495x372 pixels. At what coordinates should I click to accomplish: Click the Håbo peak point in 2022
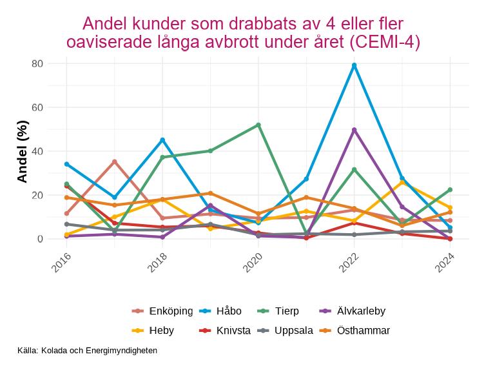[354, 65]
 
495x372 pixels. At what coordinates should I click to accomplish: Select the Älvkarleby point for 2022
[354, 130]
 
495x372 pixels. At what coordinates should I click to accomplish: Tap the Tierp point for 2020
[258, 125]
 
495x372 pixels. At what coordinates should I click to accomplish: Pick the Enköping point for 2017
[115, 161]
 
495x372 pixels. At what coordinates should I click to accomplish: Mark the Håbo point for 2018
[162, 140]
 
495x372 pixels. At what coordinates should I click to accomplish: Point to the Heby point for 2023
[402, 182]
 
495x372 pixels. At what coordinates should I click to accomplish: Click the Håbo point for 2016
[66, 164]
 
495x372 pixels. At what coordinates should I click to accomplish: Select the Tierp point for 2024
[450, 190]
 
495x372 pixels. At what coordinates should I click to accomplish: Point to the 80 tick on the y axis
[37, 63]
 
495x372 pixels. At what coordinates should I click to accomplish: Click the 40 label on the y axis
[37, 151]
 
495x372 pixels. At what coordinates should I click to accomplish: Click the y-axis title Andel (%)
[23, 151]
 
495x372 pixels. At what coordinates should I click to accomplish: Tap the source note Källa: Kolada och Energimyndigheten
[88, 351]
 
